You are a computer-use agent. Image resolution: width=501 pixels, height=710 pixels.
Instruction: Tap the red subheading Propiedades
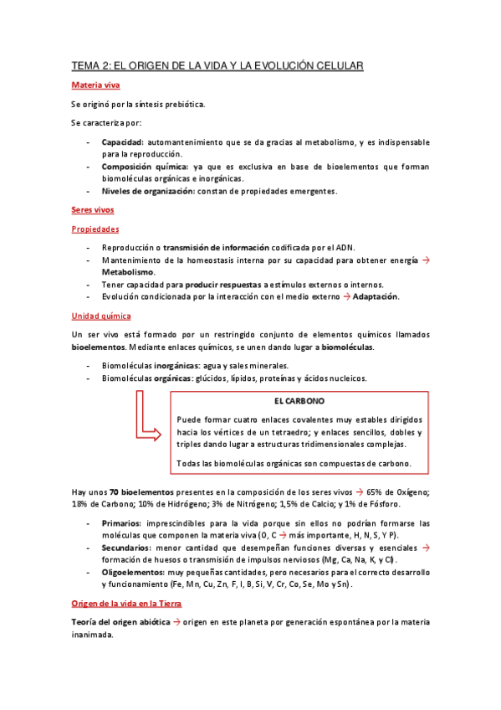pos(95,229)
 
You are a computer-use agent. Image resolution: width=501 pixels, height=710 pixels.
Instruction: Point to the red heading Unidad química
pos(100,316)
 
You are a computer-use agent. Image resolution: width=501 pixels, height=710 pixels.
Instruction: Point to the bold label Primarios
pos(121,523)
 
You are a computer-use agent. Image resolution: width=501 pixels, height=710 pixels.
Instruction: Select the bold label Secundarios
pos(126,548)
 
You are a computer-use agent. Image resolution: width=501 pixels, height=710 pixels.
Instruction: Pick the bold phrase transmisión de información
pos(216,247)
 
